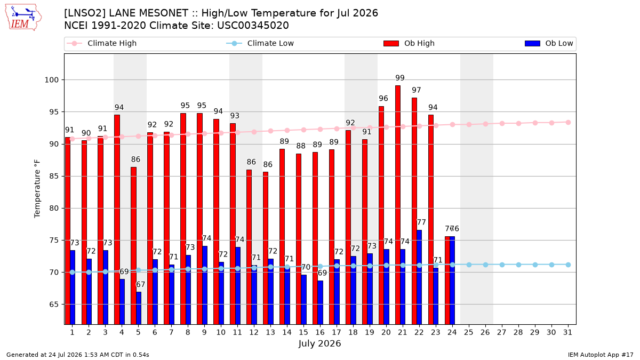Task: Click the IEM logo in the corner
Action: pos(23,18)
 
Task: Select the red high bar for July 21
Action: pos(398,205)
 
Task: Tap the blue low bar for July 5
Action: pos(139,308)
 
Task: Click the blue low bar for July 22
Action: pos(419,277)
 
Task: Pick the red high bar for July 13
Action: pos(266,248)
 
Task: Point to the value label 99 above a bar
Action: pos(400,78)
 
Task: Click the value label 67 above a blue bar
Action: pos(140,284)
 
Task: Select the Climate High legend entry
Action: pos(102,43)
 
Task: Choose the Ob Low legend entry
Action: pos(549,43)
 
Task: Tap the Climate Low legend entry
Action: pos(260,43)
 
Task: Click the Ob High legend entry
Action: pos(409,43)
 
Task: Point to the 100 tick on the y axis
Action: pos(51,79)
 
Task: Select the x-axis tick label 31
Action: pos(567,332)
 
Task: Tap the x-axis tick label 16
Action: pos(320,332)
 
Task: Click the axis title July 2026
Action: pos(319,343)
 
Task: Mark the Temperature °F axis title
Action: pos(37,189)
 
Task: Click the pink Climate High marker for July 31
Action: pos(568,122)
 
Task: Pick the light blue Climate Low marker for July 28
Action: pos(518,265)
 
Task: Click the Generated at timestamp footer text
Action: pos(78,355)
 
